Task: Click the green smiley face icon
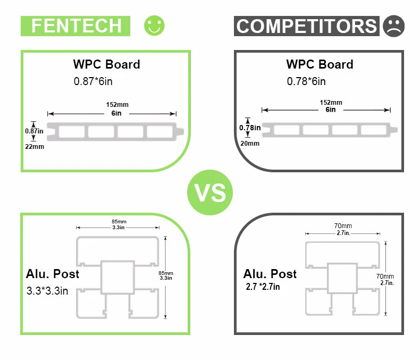click(155, 26)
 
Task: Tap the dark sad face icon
click(393, 26)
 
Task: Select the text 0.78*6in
click(306, 81)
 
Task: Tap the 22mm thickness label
click(35, 146)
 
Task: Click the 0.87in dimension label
click(34, 130)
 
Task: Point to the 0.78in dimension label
click(250, 128)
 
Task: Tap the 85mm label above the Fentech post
click(119, 221)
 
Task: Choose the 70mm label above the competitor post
click(342, 226)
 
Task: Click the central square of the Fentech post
click(117, 277)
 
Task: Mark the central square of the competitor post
click(342, 278)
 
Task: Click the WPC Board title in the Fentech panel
click(106, 64)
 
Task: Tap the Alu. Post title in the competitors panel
click(270, 274)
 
